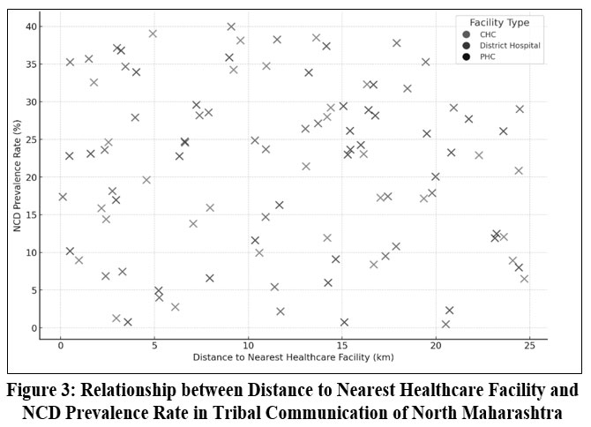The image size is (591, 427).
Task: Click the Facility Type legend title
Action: (x=498, y=22)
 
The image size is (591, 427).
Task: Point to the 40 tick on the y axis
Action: (x=30, y=26)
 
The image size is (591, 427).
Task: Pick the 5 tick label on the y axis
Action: (x=33, y=290)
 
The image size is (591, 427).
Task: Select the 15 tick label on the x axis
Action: (x=341, y=347)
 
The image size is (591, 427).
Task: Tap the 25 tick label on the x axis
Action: (x=529, y=347)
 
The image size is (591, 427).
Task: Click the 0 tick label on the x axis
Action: (x=60, y=347)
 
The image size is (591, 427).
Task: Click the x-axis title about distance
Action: (x=293, y=358)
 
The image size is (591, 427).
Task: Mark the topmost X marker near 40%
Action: (x=231, y=26)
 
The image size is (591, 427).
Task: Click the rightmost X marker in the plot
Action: (x=524, y=279)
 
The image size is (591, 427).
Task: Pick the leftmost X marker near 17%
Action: (x=63, y=197)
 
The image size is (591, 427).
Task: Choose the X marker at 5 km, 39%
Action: (x=153, y=34)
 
